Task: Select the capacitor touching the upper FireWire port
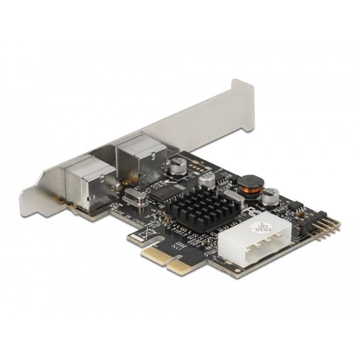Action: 177,166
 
